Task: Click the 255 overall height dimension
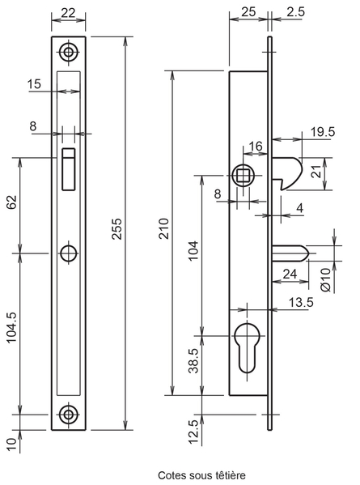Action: (x=117, y=229)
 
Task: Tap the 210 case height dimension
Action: (x=163, y=228)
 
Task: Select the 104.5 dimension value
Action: (x=12, y=328)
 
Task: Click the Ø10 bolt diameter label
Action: (x=326, y=279)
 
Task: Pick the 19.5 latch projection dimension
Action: (x=323, y=132)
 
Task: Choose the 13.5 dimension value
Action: (x=301, y=302)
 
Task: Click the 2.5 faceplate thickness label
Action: (x=295, y=12)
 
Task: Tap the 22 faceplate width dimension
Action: (x=68, y=13)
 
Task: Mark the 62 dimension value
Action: (x=12, y=202)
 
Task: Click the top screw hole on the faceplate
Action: (x=68, y=52)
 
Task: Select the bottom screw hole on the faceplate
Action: (x=68, y=415)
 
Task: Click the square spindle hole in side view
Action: (x=244, y=176)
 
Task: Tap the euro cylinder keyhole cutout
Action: (x=248, y=347)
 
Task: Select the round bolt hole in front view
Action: (x=68, y=253)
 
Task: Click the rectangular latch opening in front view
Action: (x=69, y=169)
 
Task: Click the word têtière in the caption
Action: (x=231, y=475)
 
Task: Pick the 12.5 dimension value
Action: (x=193, y=432)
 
